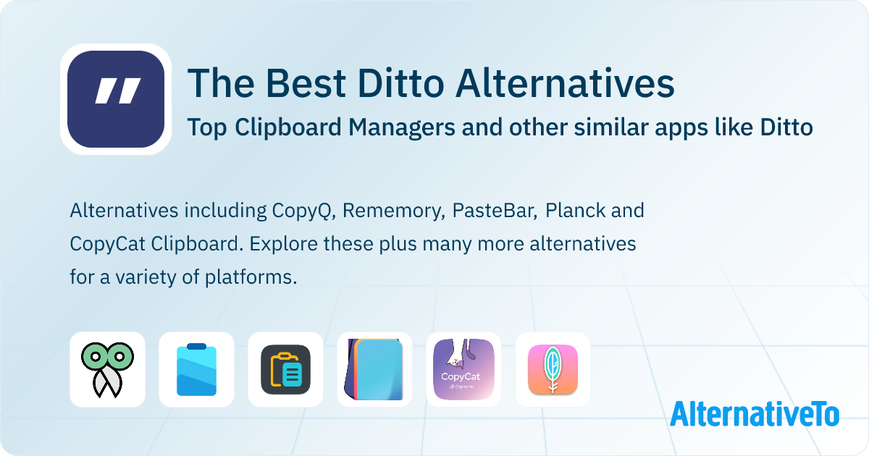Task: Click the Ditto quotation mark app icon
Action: [x=116, y=99]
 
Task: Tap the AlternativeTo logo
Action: [x=755, y=413]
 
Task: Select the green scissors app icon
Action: [x=107, y=370]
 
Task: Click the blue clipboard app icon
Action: [x=196, y=370]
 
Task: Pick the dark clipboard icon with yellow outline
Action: [x=285, y=370]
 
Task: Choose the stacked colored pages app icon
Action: [x=374, y=370]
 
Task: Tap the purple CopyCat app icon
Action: [x=463, y=370]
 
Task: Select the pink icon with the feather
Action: [x=553, y=370]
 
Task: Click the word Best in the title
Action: [x=306, y=83]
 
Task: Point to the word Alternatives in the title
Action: [x=565, y=83]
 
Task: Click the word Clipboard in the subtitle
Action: [x=288, y=127]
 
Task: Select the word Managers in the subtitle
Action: [x=401, y=128]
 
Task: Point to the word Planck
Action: [x=575, y=210]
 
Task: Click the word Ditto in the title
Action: [x=400, y=83]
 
